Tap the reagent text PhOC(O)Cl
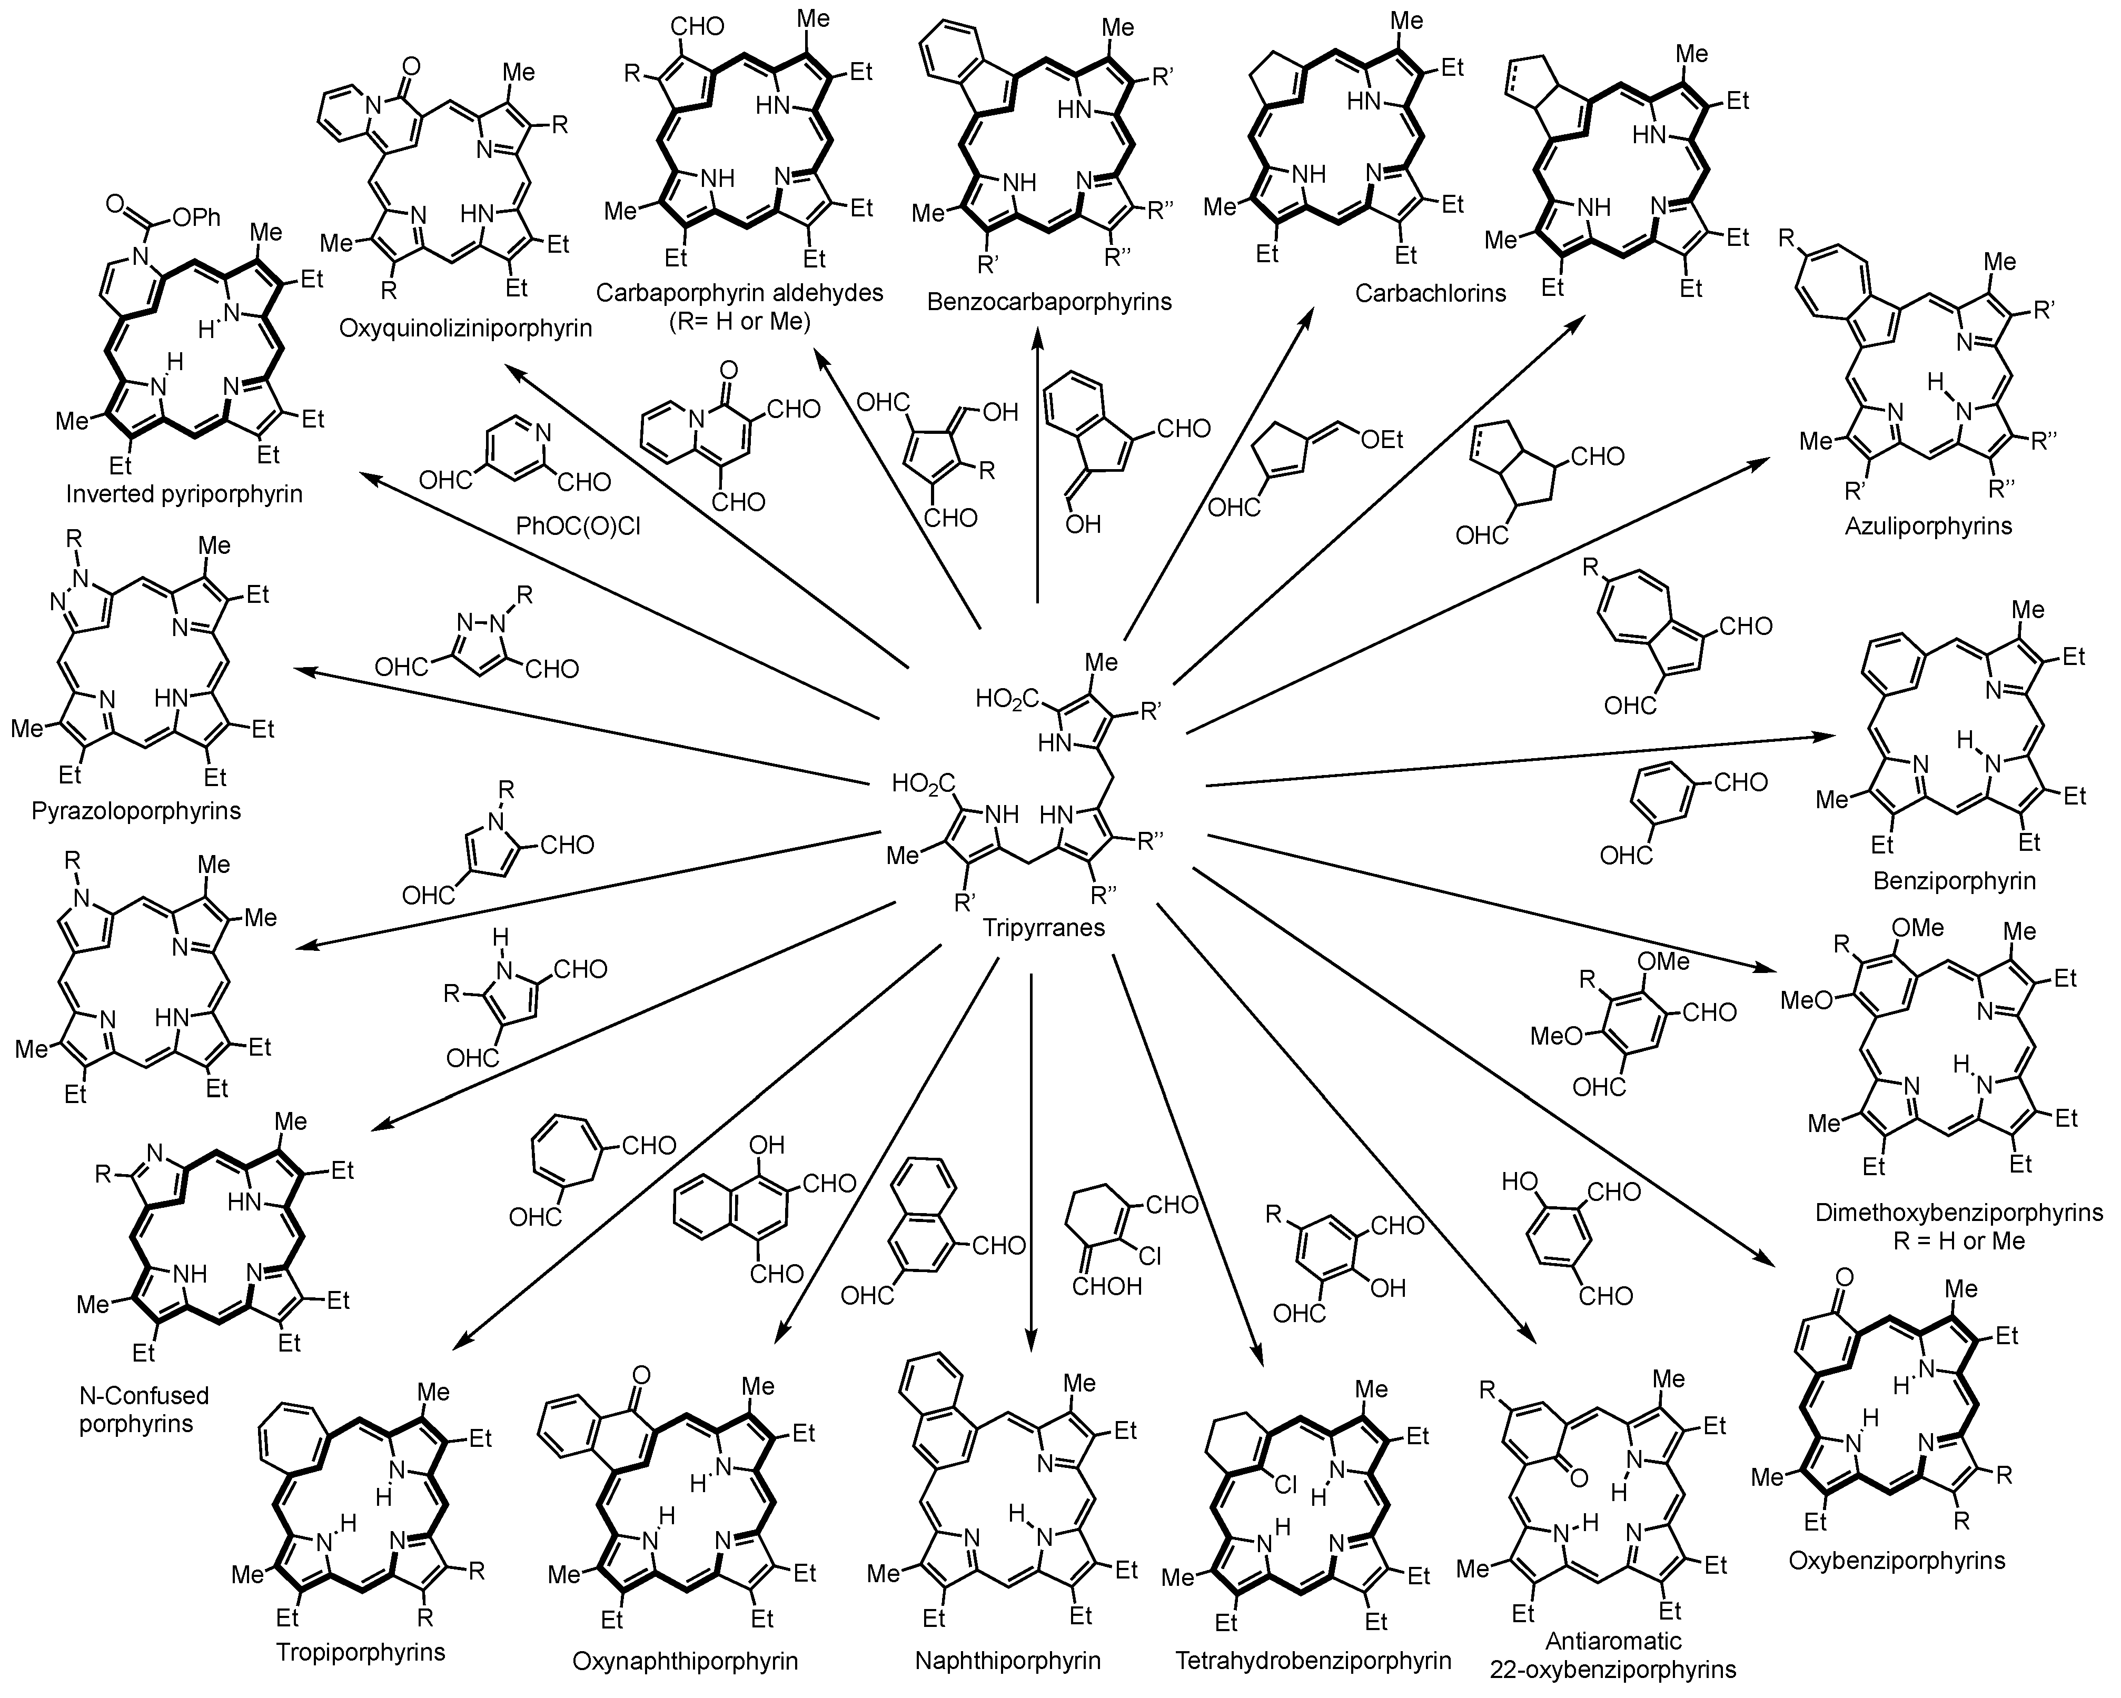[x=579, y=528]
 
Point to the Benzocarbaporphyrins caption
[x=1049, y=301]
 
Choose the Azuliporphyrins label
[x=1928, y=525]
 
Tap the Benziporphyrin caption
[x=1954, y=879]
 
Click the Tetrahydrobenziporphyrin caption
[x=1313, y=1661]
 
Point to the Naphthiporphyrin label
[x=1007, y=1661]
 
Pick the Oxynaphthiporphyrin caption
[x=685, y=1661]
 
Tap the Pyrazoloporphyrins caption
[x=136, y=811]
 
